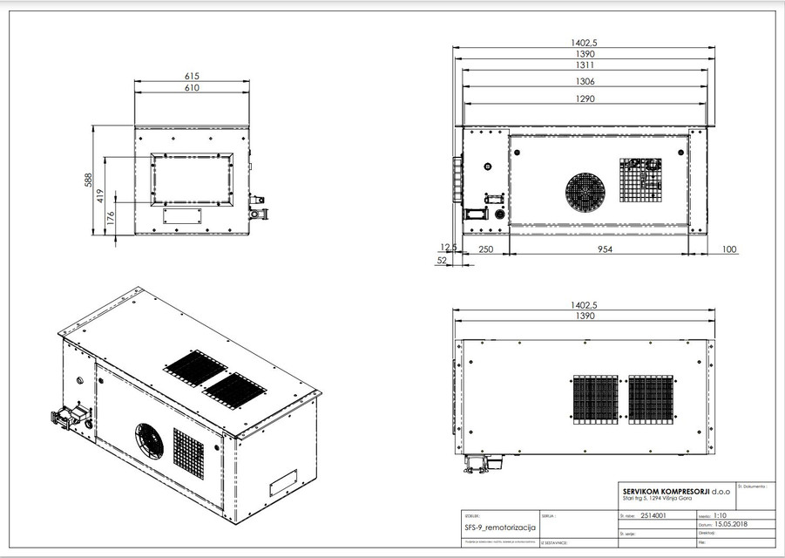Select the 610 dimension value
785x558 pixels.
[192, 88]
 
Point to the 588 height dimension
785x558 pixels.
[88, 180]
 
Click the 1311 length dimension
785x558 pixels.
[584, 65]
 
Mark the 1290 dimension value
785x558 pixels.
[584, 99]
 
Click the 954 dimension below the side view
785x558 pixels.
[596, 249]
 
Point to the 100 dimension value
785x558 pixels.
[728, 249]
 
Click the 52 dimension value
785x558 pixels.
[442, 260]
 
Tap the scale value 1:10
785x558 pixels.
[720, 515]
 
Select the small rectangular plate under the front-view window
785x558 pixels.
[183, 213]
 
